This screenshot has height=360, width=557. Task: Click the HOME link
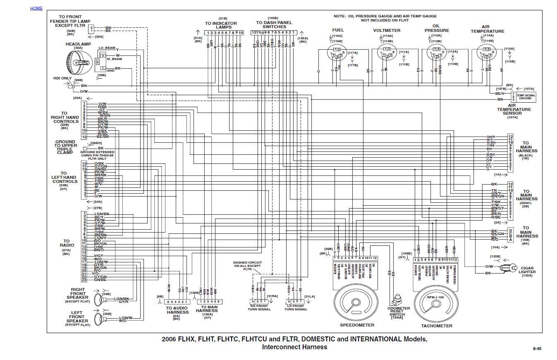(x=36, y=8)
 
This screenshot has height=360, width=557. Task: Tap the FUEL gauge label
(x=338, y=30)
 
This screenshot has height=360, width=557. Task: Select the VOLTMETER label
(x=387, y=31)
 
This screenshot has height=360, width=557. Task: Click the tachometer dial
(x=436, y=304)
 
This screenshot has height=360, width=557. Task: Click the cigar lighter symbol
(x=509, y=268)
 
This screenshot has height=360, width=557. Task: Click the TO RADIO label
(x=67, y=243)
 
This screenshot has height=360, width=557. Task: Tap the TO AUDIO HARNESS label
(x=177, y=310)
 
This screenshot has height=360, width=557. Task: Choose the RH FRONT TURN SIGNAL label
(x=259, y=308)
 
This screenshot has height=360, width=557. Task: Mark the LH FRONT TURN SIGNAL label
(x=296, y=308)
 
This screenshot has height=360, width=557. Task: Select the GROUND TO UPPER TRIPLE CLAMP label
(x=65, y=147)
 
